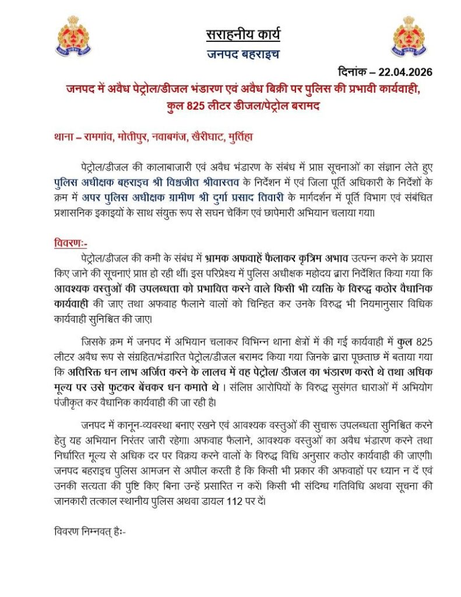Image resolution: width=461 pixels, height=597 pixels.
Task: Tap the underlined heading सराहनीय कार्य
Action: pos(242,34)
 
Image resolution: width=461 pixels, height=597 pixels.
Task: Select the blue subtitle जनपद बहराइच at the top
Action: pos(242,55)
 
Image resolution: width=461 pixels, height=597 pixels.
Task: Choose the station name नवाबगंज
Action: pos(171,139)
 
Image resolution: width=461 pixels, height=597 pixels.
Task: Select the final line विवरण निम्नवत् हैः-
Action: pos(89,532)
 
